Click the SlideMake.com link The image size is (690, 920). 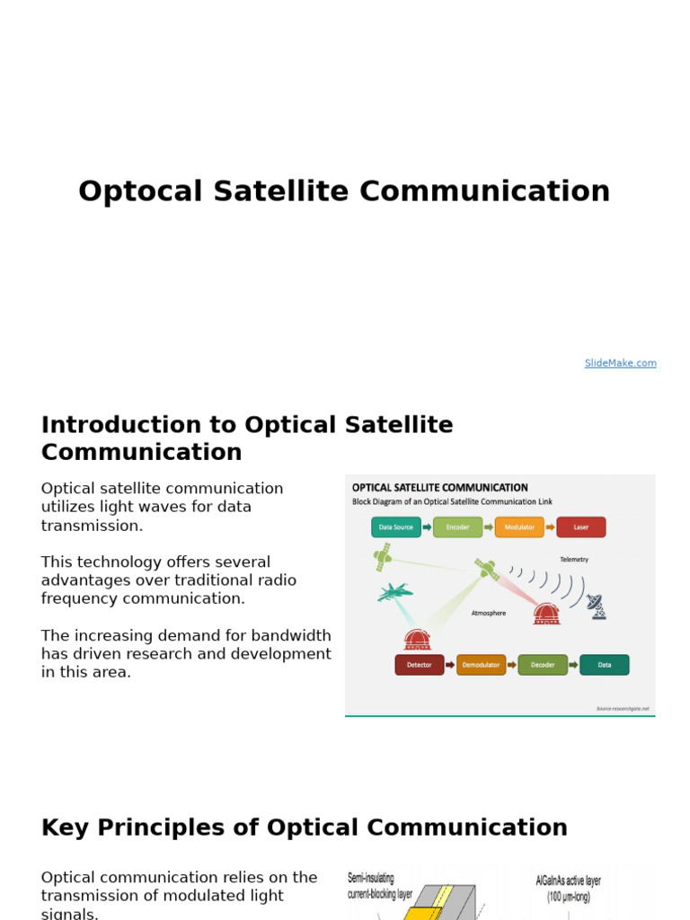coord(620,363)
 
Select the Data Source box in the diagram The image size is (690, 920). coord(396,527)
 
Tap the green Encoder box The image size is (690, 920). coord(457,527)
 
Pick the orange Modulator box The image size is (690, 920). coord(519,527)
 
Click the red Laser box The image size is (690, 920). coord(580,527)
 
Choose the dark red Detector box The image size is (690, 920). coord(419,665)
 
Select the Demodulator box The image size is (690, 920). coord(481,665)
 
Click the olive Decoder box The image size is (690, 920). coord(543,665)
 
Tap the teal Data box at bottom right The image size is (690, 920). coord(604,665)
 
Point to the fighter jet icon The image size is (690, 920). coord(394,592)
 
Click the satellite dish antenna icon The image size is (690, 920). coord(597,606)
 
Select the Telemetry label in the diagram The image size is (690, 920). coord(574,559)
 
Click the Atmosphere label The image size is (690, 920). coord(489,614)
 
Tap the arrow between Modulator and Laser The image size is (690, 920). coord(550,527)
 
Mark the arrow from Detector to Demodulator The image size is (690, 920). coord(450,665)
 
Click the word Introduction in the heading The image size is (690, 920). coord(125,425)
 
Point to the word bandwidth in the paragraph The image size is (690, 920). coord(295,636)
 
